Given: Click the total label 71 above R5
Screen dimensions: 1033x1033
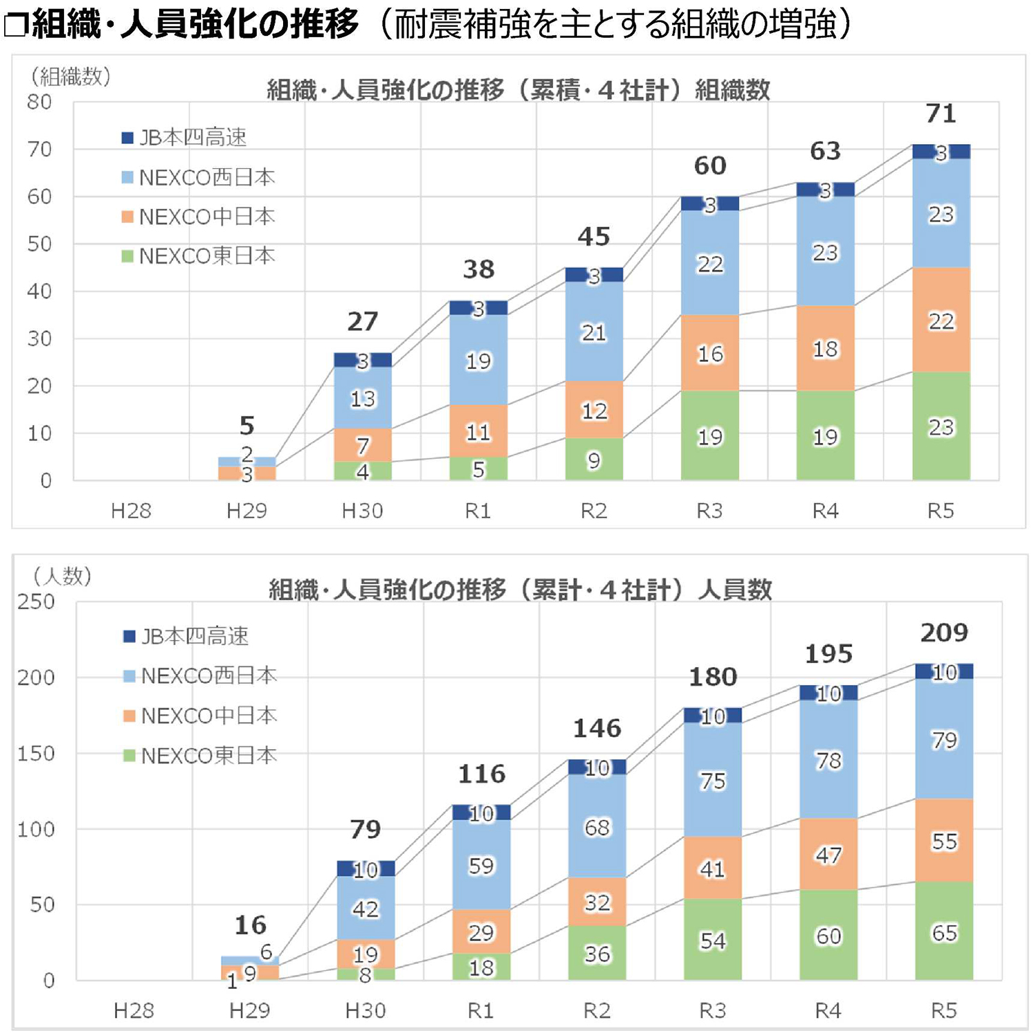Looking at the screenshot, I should [x=941, y=114].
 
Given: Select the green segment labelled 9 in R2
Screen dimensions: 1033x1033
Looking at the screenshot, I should [x=594, y=460].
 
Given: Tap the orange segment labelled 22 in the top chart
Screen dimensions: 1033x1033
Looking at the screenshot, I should [x=941, y=320].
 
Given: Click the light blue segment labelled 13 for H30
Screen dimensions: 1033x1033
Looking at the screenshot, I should [x=362, y=398].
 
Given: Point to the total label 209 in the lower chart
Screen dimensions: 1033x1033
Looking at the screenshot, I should [x=944, y=633].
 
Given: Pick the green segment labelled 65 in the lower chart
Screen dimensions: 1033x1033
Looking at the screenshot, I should [x=944, y=932].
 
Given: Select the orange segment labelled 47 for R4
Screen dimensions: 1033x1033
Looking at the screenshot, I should [x=828, y=855].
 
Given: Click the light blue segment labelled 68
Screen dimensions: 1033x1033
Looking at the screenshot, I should [x=597, y=826].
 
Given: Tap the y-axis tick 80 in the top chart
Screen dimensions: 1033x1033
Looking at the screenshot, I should [x=40, y=102].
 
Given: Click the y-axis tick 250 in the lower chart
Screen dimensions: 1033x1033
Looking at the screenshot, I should [x=36, y=602].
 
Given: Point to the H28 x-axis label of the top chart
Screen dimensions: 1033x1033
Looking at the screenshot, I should [x=131, y=511].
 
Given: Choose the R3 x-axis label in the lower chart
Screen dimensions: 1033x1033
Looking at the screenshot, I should [x=712, y=1010].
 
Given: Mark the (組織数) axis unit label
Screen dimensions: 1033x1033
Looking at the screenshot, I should [x=70, y=76].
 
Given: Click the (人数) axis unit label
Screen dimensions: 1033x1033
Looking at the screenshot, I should [x=62, y=576].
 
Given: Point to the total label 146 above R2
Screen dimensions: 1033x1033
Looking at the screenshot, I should [x=597, y=728].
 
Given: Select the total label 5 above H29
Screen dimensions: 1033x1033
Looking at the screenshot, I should [x=247, y=426].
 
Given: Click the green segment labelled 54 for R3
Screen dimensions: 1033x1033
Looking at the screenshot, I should [x=713, y=940].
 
